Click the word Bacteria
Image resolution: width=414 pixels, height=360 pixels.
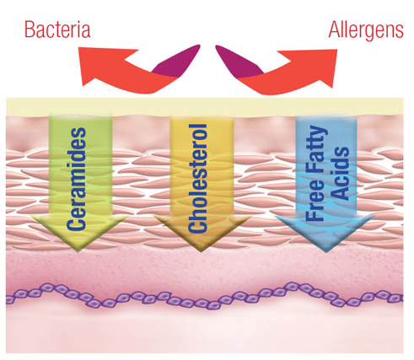[57, 30]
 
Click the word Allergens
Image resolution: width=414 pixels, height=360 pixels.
[366, 30]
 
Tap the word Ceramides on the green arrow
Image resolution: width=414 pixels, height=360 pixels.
[76, 179]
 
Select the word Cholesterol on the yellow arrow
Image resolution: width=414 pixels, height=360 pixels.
[198, 179]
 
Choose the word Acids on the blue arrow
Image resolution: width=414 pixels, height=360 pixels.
[340, 174]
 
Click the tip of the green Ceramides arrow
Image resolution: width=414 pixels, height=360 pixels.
[78, 251]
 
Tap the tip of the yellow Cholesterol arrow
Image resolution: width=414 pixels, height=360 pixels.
[201, 252]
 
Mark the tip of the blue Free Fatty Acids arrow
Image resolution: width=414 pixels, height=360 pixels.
[326, 252]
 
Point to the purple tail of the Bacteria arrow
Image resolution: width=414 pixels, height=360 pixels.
[180, 63]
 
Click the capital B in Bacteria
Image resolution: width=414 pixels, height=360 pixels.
[30, 30]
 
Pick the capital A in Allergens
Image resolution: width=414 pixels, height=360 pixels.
[336, 30]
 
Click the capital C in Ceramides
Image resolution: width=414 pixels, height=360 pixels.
[76, 222]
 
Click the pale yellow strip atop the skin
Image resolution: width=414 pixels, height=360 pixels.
[205, 106]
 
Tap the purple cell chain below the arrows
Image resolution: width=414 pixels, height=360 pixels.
[205, 297]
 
